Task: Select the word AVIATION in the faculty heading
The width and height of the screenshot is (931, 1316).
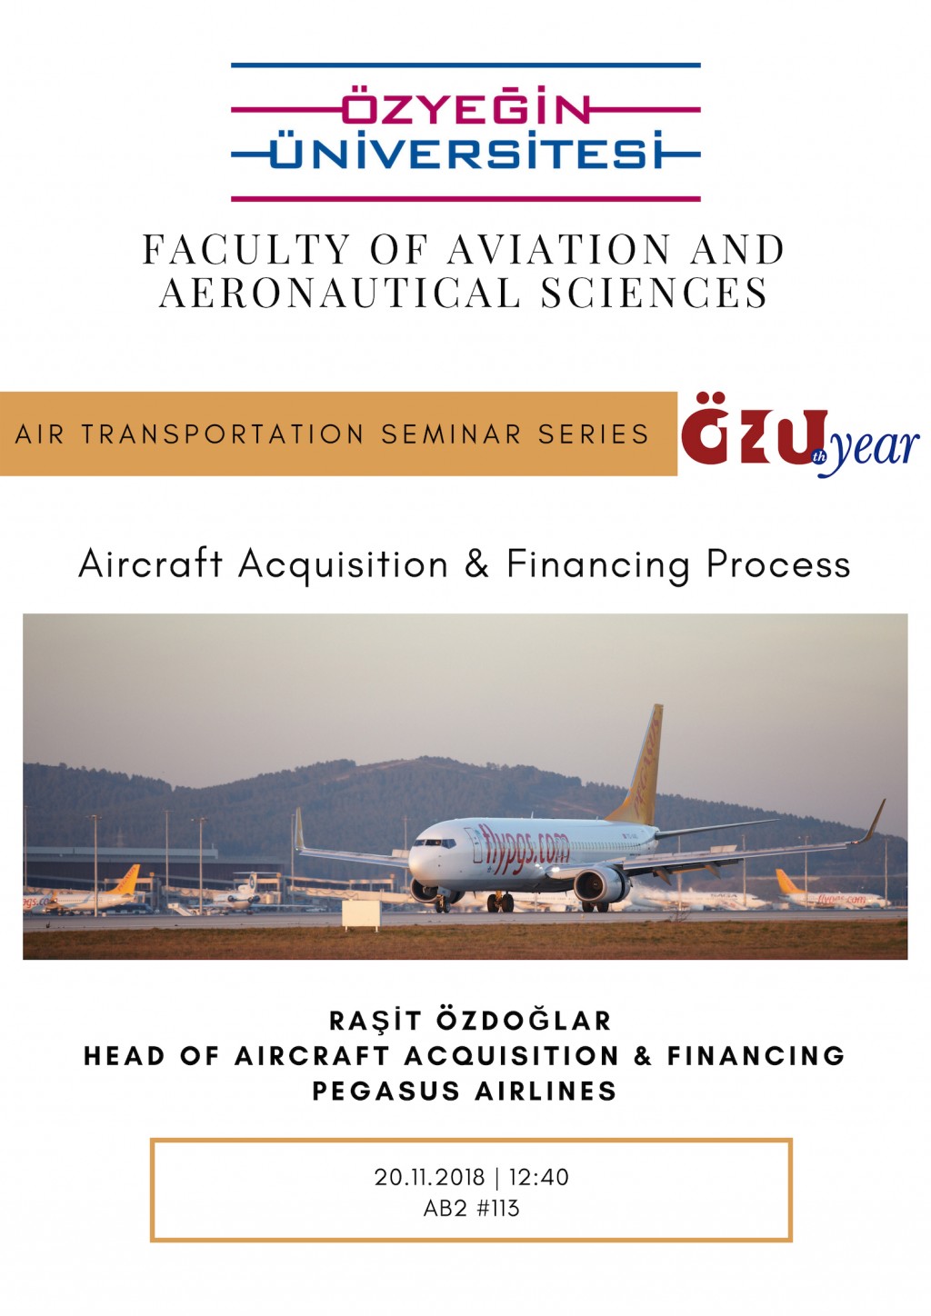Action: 559,249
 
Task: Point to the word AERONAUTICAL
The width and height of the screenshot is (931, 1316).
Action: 340,292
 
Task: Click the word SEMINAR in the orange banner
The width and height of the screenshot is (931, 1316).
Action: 451,434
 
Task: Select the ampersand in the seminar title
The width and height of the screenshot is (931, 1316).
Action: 476,564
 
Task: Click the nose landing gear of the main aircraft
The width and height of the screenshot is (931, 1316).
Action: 441,902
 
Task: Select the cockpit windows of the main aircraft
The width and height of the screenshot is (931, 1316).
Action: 434,843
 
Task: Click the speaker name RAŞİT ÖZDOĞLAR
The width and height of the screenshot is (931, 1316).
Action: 470,1021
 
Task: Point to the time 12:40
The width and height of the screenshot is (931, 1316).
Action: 539,1177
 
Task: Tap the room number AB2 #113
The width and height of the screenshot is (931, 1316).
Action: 471,1209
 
